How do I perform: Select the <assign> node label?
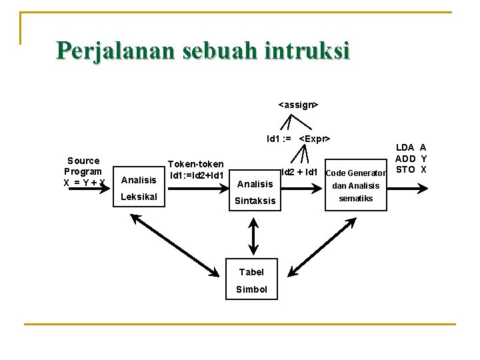[298, 105]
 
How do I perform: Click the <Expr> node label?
[315, 139]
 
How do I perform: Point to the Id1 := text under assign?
[279, 139]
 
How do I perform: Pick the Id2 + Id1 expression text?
[299, 173]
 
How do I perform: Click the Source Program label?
[83, 166]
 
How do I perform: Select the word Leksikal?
[139, 197]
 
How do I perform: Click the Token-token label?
[195, 164]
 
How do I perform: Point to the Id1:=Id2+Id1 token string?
[196, 175]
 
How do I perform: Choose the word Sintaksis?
[255, 201]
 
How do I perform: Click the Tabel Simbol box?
[251, 280]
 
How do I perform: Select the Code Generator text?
[355, 173]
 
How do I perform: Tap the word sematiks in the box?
[356, 199]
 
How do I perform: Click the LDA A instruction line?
[411, 147]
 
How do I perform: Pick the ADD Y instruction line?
[411, 159]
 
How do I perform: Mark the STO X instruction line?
[411, 169]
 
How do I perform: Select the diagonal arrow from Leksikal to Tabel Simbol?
[175, 244]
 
